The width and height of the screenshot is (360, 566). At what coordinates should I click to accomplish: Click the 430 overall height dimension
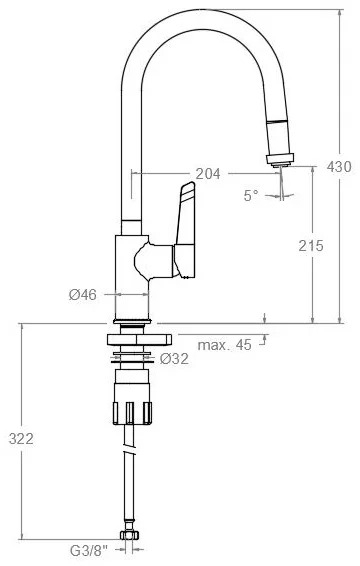pyautogui.click(x=339, y=166)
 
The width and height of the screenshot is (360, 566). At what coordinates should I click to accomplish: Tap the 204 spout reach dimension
pyautogui.click(x=208, y=174)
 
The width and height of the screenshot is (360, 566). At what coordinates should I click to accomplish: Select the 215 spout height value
pyautogui.click(x=311, y=246)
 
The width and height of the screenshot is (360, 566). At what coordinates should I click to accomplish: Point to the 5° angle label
pyautogui.click(x=251, y=196)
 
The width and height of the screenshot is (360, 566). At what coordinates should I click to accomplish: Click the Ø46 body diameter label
pyautogui.click(x=83, y=295)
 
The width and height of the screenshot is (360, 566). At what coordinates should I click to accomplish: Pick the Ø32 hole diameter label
pyautogui.click(x=174, y=358)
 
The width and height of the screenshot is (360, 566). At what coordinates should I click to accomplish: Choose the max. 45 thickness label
pyautogui.click(x=224, y=345)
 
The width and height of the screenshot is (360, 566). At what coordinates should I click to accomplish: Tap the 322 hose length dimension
pyautogui.click(x=21, y=439)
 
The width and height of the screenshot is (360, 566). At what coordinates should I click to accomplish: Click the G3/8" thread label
pyautogui.click(x=89, y=551)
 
